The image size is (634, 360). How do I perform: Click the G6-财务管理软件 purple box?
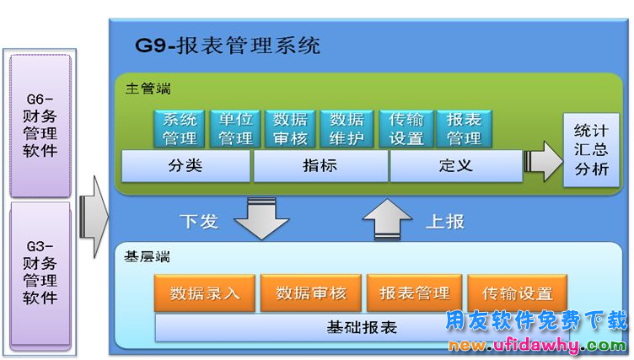click(40, 126)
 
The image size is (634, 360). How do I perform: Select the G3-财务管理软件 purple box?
click(40, 275)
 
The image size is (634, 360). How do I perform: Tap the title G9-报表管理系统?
click(228, 46)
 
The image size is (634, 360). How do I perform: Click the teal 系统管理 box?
click(180, 129)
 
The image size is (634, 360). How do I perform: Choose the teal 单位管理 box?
click(236, 129)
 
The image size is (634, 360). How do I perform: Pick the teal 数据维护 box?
click(347, 129)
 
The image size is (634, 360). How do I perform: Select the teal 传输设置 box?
click(406, 129)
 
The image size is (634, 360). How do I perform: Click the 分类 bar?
click(185, 166)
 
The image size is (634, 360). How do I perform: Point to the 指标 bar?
click(320, 166)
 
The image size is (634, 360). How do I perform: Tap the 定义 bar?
click(456, 166)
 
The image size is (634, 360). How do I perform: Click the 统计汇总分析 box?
click(591, 150)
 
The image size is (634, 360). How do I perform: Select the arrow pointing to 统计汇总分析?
click(544, 161)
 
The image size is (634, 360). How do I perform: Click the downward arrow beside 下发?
click(261, 218)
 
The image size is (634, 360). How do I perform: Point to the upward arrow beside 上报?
click(387, 219)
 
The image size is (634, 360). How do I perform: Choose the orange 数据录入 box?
click(205, 293)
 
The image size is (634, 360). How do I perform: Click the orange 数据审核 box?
click(311, 293)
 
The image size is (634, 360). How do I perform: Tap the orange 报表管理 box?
click(415, 293)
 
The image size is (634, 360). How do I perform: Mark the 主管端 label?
click(148, 89)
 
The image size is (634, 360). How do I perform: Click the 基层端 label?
click(147, 256)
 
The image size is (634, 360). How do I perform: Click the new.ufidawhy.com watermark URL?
click(537, 345)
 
